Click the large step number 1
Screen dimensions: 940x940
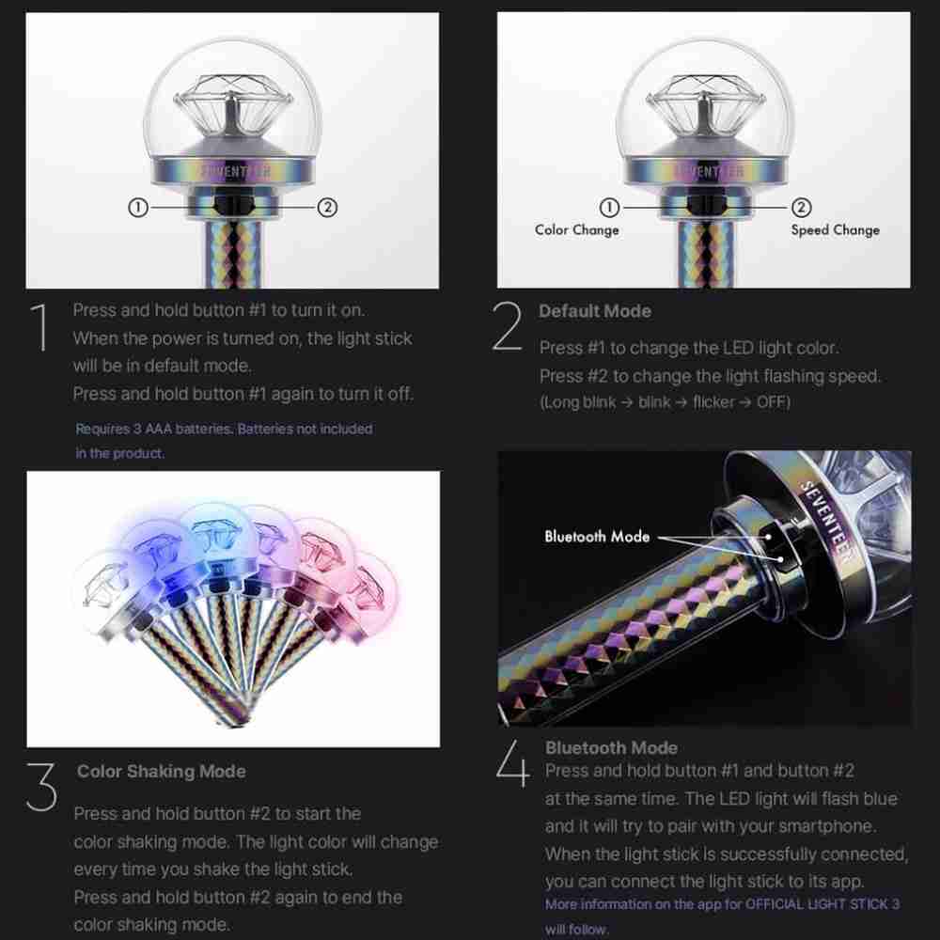pos(40,327)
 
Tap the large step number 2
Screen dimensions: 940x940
pos(508,326)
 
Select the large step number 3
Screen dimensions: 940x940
pos(41,787)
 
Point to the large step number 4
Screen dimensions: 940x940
pos(513,762)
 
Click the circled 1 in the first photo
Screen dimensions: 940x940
pos(138,208)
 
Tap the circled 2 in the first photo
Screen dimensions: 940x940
pos(327,208)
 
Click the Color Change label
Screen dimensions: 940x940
pos(577,230)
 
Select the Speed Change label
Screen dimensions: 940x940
pos(835,230)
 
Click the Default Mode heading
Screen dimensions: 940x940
pos(595,311)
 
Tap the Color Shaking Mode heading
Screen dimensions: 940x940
pos(162,772)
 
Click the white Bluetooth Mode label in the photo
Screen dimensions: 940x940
pos(597,537)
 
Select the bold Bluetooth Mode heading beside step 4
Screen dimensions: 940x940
pos(612,747)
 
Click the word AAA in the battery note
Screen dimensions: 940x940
pos(158,430)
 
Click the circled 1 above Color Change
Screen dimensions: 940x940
pos(609,208)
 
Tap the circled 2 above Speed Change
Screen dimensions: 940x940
pos(802,208)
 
